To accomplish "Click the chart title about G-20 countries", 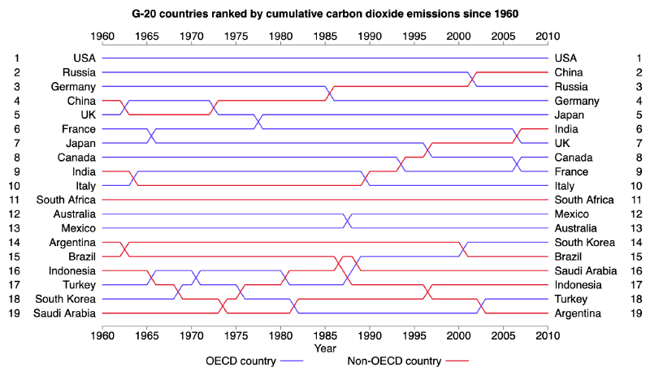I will (x=325, y=14).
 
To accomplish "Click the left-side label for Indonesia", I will (x=72, y=271).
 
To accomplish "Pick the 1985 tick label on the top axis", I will (x=325, y=37).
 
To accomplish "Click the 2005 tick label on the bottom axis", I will (x=503, y=333).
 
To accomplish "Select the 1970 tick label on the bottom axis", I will (x=191, y=333).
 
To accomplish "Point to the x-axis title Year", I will (x=325, y=348).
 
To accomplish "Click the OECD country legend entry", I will (x=255, y=361).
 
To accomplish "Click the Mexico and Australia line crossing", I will (x=348, y=221).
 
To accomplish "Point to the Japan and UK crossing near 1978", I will (x=258, y=122).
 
